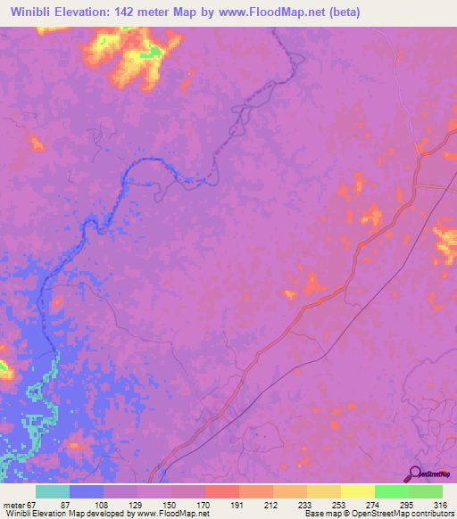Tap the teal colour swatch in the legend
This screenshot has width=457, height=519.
pos(53,491)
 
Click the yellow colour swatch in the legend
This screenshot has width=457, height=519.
pos(358,491)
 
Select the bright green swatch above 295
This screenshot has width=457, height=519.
pos(392,491)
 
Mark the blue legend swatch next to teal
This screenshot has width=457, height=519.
pos(87,491)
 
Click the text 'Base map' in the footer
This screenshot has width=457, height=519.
pos(322,514)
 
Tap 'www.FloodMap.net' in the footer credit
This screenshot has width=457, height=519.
pos(171,514)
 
